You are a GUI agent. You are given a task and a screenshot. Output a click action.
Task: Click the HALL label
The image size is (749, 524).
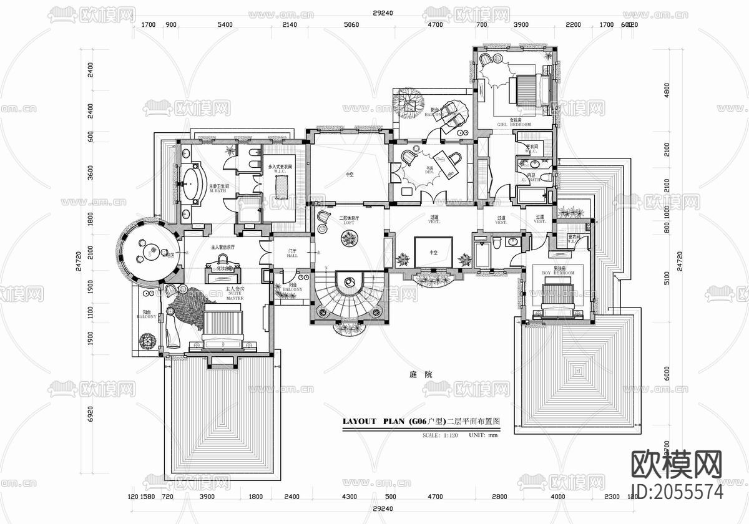tap(291, 255)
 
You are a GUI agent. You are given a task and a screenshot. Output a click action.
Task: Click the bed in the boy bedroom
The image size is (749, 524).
tap(559, 296)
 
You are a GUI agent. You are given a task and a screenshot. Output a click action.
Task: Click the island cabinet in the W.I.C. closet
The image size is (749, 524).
tap(284, 185)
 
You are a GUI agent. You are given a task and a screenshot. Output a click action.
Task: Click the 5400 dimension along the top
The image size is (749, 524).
tap(224, 25)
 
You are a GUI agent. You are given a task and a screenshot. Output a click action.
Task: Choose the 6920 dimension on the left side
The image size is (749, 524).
tap(91, 415)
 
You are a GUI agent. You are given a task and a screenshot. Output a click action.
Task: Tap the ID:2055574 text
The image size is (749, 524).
tap(677, 492)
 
